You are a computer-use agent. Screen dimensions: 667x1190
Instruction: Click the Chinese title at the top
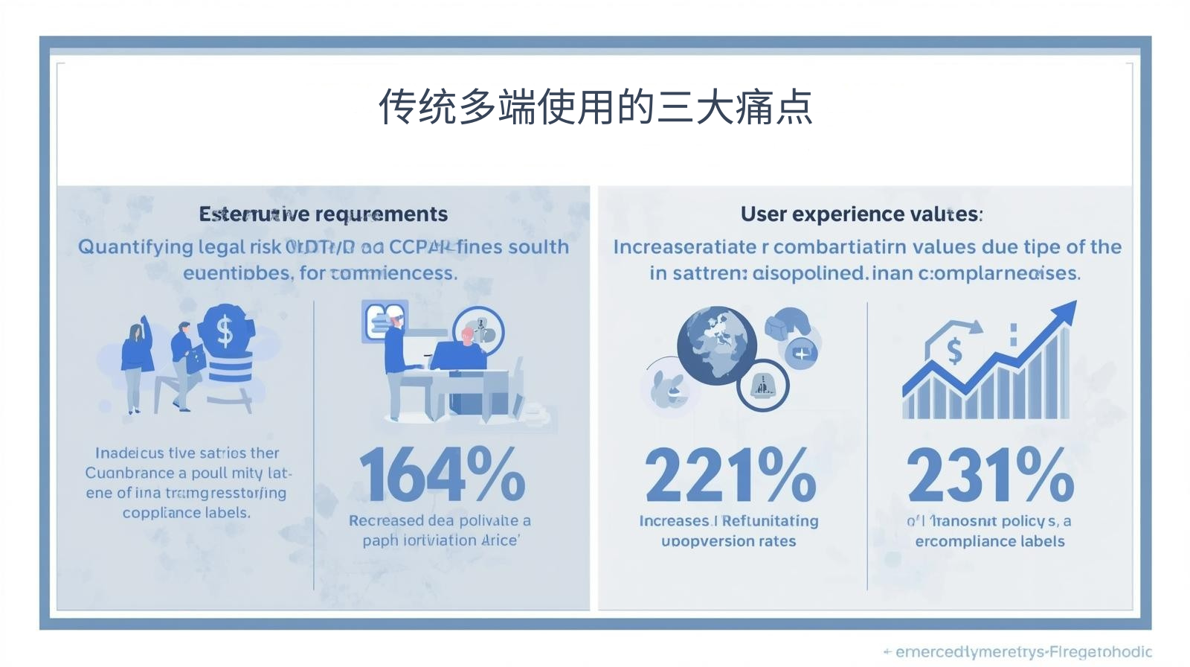pos(595,106)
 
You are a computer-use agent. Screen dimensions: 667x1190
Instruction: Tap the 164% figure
pos(442,474)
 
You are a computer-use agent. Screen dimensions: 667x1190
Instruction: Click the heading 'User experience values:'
pos(861,214)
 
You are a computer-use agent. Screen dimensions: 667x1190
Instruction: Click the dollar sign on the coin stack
pos(225,331)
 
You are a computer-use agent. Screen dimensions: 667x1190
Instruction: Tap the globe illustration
pos(715,345)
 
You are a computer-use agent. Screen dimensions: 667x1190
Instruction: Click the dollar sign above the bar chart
pos(954,350)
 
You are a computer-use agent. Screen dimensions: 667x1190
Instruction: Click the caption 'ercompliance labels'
pos(989,541)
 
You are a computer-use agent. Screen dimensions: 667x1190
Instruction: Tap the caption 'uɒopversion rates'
pos(728,541)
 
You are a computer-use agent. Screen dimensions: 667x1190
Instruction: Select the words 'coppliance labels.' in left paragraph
pos(186,513)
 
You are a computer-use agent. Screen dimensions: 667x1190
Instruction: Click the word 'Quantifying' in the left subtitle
pos(135,247)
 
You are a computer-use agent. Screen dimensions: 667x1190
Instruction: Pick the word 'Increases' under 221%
pos(674,521)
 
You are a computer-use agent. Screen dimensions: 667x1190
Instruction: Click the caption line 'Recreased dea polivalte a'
pos(440,520)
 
